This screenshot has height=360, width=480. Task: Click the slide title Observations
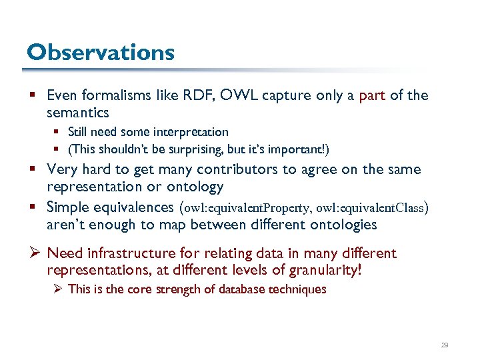point(100,52)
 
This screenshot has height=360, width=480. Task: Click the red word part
point(372,95)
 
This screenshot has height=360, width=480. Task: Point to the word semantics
point(77,113)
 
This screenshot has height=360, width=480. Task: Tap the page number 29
point(445,345)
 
